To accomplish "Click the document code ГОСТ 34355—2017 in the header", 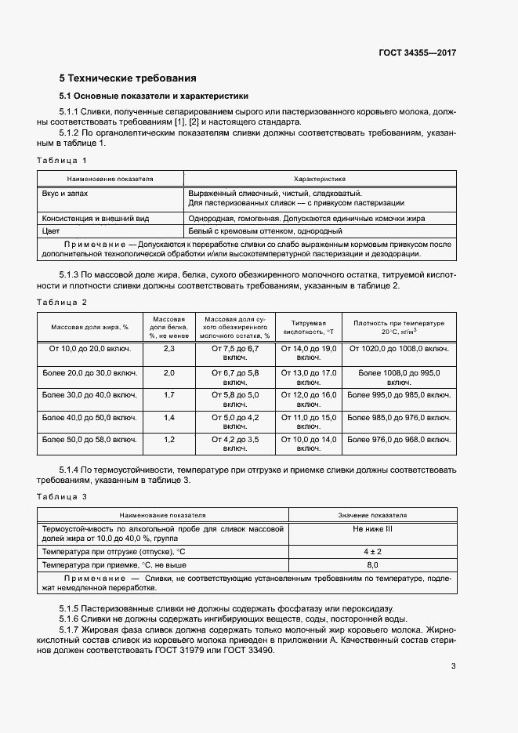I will (418, 53).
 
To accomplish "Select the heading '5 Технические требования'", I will (128, 78).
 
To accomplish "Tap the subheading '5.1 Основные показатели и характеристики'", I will (154, 96).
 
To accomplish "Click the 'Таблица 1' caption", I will (62, 160).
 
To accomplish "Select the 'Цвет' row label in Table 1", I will (50, 231).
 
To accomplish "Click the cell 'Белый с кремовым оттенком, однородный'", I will (264, 231).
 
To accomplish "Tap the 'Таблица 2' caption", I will (62, 302).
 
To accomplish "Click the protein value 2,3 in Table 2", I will (168, 348).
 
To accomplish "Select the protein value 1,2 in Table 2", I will (168, 440).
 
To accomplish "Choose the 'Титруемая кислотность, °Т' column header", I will (308, 327).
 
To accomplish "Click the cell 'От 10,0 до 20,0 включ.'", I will (90, 348).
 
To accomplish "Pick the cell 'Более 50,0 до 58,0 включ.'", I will (90, 440).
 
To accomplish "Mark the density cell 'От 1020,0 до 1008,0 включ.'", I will (399, 348).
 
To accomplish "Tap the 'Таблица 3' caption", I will (62, 497).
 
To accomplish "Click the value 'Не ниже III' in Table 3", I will (372, 530).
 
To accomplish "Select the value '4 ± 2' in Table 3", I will (372, 552).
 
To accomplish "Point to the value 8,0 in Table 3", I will (372, 564).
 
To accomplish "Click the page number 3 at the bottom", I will (454, 666).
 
